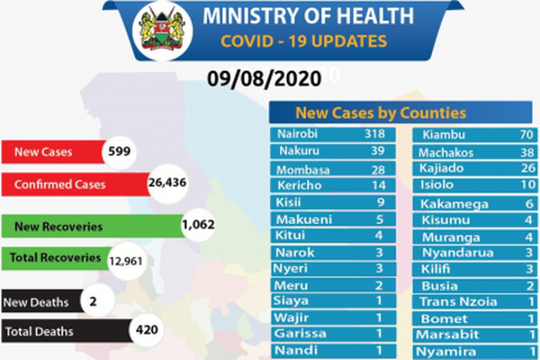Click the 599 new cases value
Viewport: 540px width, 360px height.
[118, 152]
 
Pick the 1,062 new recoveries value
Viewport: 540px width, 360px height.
[197, 225]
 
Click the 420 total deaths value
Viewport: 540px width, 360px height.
[147, 331]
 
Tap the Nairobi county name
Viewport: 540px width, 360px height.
[298, 133]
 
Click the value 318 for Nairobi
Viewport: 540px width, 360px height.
[374, 133]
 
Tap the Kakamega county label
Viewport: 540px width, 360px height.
[454, 204]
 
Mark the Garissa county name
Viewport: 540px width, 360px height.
[300, 334]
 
